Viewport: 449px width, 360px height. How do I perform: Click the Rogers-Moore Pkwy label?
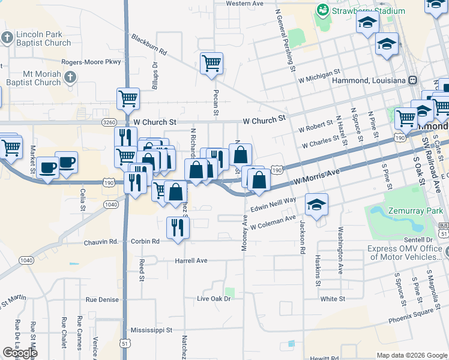click(x=91, y=62)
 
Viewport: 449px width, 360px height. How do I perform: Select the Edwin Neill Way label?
click(x=273, y=205)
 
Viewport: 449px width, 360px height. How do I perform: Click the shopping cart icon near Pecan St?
click(x=211, y=63)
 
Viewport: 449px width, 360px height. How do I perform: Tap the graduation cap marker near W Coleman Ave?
click(x=316, y=204)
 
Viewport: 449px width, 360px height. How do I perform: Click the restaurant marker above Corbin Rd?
click(x=178, y=227)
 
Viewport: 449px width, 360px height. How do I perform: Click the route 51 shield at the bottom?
click(x=125, y=343)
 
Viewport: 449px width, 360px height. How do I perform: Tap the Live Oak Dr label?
click(x=214, y=298)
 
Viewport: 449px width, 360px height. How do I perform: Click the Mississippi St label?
click(x=151, y=330)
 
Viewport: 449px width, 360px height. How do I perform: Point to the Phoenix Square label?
click(x=411, y=313)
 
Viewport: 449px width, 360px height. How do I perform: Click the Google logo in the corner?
click(x=19, y=353)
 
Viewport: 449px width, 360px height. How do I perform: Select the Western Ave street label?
click(x=245, y=4)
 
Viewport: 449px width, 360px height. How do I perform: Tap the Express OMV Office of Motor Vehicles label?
click(x=405, y=253)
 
